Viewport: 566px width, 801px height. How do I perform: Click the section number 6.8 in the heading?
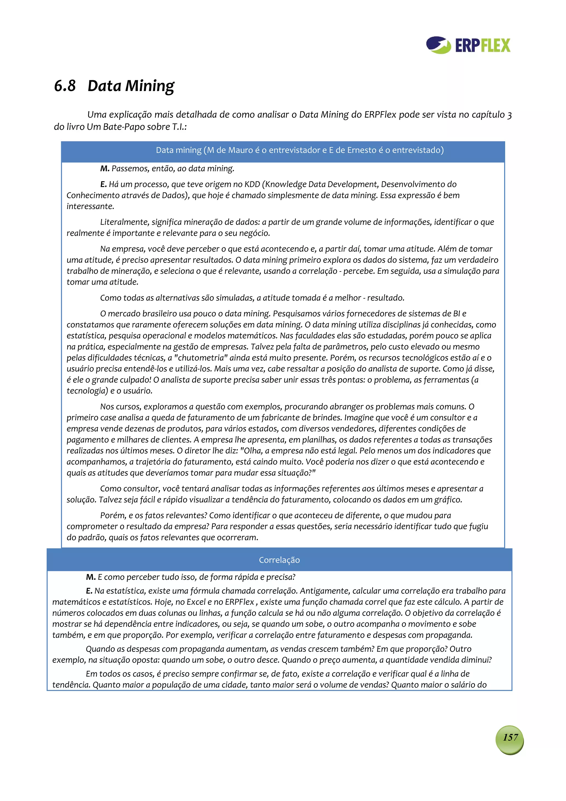click(65, 86)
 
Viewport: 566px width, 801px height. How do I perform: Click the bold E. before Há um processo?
click(103, 184)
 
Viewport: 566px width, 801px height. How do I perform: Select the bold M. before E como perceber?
click(91, 577)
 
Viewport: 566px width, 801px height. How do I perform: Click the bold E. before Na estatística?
click(89, 591)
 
